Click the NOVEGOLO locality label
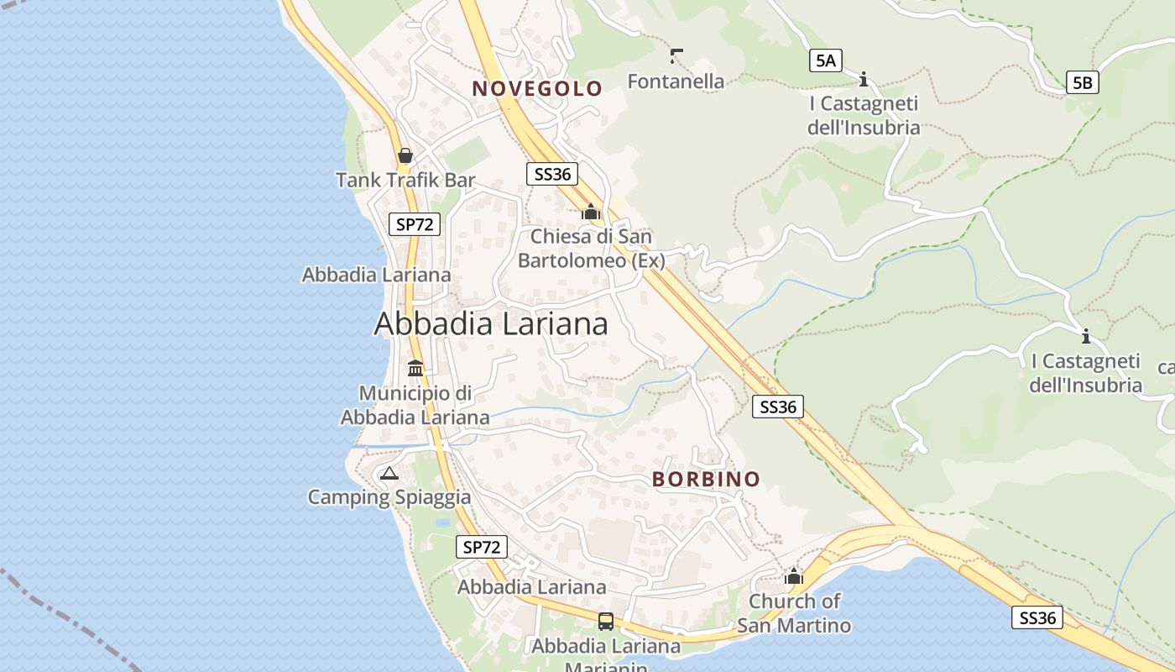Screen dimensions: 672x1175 [537, 88]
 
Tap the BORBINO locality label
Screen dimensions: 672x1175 [707, 479]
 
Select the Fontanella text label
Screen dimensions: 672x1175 [676, 81]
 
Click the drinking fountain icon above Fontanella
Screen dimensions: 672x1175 [676, 56]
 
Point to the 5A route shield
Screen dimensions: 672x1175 [826, 60]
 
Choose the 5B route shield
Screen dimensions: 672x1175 [1083, 82]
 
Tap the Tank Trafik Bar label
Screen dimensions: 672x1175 [405, 180]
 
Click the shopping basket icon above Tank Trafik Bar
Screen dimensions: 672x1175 [405, 155]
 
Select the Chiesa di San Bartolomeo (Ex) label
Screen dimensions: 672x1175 [591, 249]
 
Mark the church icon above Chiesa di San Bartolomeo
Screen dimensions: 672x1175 [591, 212]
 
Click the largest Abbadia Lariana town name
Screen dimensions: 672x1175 [491, 323]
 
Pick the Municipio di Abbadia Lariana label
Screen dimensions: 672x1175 [415, 405]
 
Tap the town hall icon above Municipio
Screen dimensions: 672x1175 [415, 368]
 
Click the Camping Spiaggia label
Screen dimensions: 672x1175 [389, 497]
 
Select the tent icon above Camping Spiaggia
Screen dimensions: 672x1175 [388, 473]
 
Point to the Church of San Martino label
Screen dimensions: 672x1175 [794, 613]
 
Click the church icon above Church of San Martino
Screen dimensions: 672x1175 [794, 576]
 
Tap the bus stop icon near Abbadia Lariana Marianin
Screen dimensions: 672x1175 [605, 622]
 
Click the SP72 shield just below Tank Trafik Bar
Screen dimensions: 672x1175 [415, 223]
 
